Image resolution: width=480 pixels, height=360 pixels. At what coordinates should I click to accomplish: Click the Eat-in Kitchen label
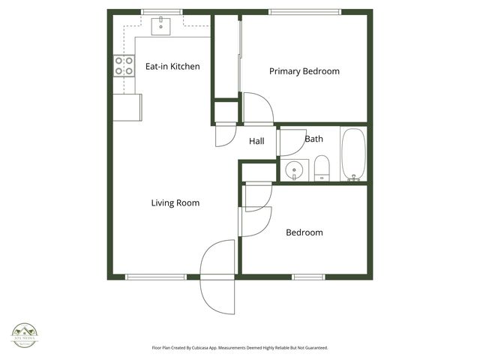(x=172, y=67)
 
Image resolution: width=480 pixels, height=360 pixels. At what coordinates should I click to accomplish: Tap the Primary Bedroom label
(x=304, y=72)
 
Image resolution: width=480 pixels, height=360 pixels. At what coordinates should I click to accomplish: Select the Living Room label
(x=175, y=202)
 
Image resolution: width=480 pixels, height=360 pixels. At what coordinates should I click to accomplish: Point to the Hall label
(x=256, y=141)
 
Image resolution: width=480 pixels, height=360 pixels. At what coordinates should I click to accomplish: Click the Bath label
(x=313, y=139)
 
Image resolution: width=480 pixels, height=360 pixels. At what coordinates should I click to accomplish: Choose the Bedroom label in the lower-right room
(x=304, y=232)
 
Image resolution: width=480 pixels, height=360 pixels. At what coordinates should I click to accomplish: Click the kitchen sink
(x=162, y=27)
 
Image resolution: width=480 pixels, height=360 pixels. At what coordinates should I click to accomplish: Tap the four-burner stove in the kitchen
(x=124, y=66)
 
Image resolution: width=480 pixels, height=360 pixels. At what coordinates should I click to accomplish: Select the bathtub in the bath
(x=352, y=154)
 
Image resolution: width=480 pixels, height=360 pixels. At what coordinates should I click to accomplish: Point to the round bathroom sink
(x=296, y=169)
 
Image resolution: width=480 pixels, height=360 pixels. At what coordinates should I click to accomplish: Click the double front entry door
(x=218, y=277)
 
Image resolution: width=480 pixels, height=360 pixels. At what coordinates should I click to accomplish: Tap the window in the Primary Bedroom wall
(x=302, y=12)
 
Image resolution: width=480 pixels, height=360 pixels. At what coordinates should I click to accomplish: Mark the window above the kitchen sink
(x=161, y=12)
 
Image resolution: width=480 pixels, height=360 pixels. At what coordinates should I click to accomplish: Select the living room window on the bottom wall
(x=155, y=277)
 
